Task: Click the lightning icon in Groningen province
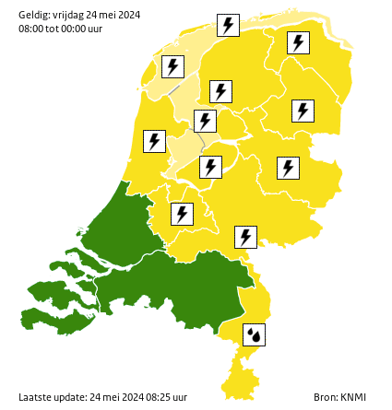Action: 298,42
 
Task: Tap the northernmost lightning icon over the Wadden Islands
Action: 228,25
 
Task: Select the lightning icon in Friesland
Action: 220,91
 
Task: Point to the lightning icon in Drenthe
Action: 303,111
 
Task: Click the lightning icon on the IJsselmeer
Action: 205,121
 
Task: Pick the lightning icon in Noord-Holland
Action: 154,141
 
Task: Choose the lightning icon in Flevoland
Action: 211,167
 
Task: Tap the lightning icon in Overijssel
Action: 288,168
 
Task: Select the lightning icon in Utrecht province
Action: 182,214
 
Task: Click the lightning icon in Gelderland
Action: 245,237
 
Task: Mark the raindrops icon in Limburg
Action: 254,334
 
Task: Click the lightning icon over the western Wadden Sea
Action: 172,66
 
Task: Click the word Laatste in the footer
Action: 35,397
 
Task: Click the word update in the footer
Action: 71,397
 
